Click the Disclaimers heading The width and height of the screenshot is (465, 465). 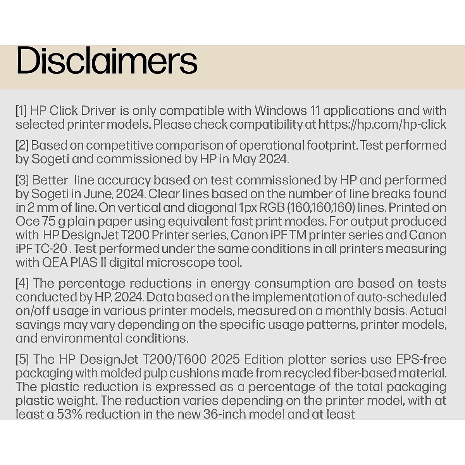(107, 61)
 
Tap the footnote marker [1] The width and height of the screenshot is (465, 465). (21, 111)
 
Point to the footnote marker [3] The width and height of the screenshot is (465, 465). (22, 180)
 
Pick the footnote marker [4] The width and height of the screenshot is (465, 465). (22, 283)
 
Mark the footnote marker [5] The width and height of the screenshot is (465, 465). (22, 359)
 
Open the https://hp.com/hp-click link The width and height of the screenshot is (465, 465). (382, 125)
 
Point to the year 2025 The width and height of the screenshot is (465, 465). (226, 359)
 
